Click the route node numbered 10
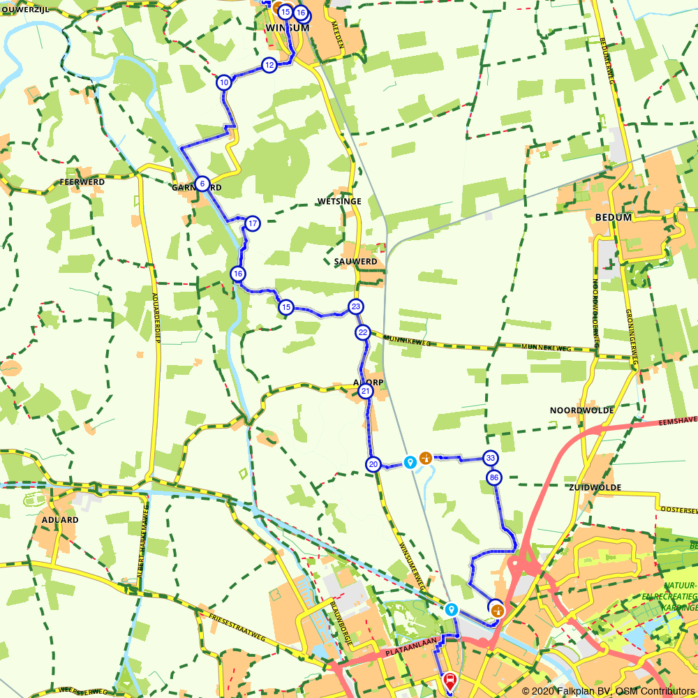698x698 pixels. click(223, 82)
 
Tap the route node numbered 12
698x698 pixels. click(269, 65)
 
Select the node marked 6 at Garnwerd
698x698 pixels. click(202, 184)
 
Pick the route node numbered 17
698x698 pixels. click(253, 223)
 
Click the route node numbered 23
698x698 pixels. click(356, 306)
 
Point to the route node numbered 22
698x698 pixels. click(362, 332)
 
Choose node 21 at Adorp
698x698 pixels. click(365, 392)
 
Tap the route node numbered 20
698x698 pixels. click(373, 464)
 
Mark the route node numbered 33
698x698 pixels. click(491, 458)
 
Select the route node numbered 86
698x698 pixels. click(494, 478)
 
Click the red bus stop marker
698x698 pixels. click(450, 679)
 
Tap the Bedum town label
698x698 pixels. click(613, 217)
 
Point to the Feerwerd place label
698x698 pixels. click(82, 182)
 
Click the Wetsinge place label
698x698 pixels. click(339, 202)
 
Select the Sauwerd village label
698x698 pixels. click(355, 262)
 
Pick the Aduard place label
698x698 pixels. click(60, 520)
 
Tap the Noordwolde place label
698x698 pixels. click(581, 410)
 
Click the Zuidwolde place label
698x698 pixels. click(595, 487)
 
